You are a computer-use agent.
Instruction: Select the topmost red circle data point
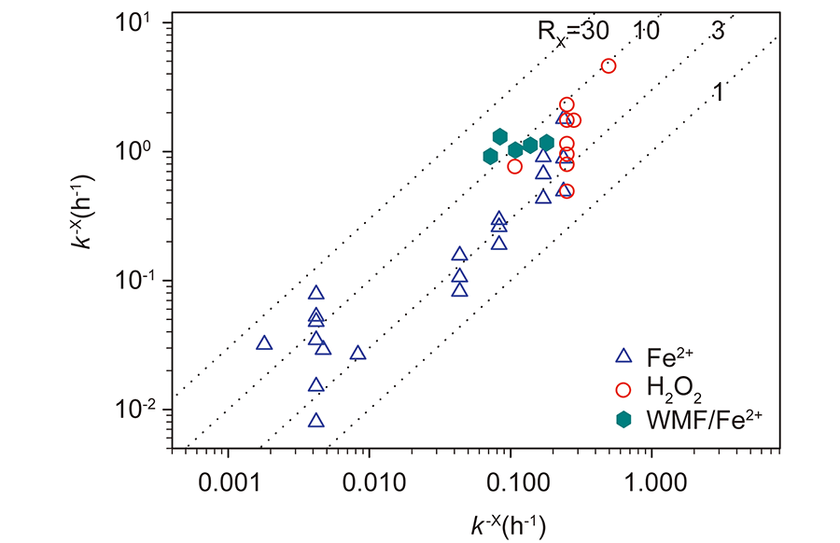[609, 65]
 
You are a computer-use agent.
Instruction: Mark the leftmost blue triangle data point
[264, 343]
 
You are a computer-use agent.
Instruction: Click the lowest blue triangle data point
[316, 421]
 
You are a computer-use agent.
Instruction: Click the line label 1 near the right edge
[719, 91]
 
